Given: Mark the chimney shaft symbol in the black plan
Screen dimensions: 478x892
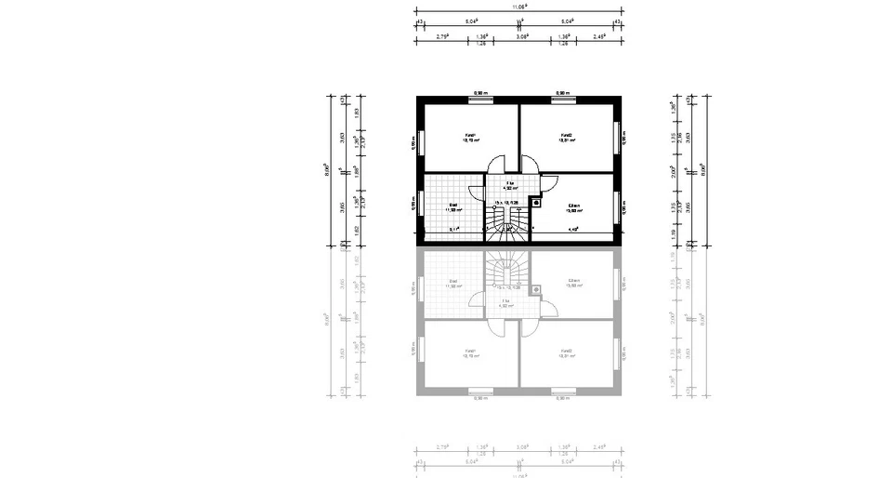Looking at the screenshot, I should pyautogui.click(x=536, y=201).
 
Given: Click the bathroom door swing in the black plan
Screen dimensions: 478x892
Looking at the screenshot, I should pyautogui.click(x=476, y=193).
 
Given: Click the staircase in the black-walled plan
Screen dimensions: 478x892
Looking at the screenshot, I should pyautogui.click(x=508, y=223).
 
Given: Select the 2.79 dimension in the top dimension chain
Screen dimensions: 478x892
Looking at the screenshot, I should pyautogui.click(x=442, y=37).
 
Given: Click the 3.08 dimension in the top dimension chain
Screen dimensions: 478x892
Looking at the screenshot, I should pyautogui.click(x=522, y=37).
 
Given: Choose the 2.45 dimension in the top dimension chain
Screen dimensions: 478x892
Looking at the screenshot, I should pyautogui.click(x=599, y=37).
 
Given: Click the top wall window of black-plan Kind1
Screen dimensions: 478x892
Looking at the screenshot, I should pyautogui.click(x=481, y=99).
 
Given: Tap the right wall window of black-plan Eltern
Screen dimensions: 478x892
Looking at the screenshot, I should pyautogui.click(x=617, y=207).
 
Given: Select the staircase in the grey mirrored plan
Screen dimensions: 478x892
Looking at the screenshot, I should pyautogui.click(x=508, y=271).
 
